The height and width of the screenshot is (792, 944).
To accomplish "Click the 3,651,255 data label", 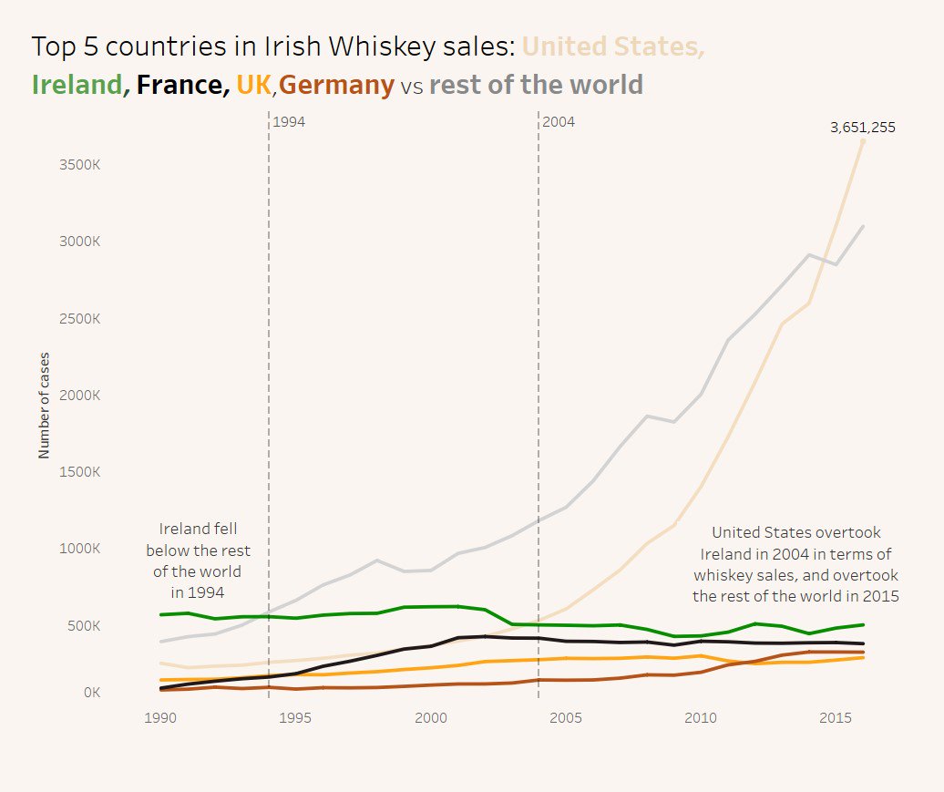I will tap(862, 128).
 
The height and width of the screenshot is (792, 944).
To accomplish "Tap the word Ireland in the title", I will tap(77, 85).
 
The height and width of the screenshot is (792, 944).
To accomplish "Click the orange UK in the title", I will tap(253, 85).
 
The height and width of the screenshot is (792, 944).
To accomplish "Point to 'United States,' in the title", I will tap(613, 46).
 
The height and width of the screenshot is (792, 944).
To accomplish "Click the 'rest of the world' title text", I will tap(536, 85).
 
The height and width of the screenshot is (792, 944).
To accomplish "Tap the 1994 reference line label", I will tap(289, 121).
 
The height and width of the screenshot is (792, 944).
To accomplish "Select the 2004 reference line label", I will tap(559, 121).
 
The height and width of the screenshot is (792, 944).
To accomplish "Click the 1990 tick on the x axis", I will tap(160, 718).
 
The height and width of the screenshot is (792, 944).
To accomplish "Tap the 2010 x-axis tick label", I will tap(700, 718).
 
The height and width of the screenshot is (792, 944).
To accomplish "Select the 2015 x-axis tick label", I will tap(835, 718).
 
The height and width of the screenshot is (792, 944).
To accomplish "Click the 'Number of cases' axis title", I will tap(44, 405).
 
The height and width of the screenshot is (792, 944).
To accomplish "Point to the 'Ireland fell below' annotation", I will tap(198, 561).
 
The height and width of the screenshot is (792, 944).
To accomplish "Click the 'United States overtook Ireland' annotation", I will tap(795, 564).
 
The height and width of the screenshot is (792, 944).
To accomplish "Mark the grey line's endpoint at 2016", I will tap(863, 226).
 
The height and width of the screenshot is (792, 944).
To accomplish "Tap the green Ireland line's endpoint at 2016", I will tap(863, 625).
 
